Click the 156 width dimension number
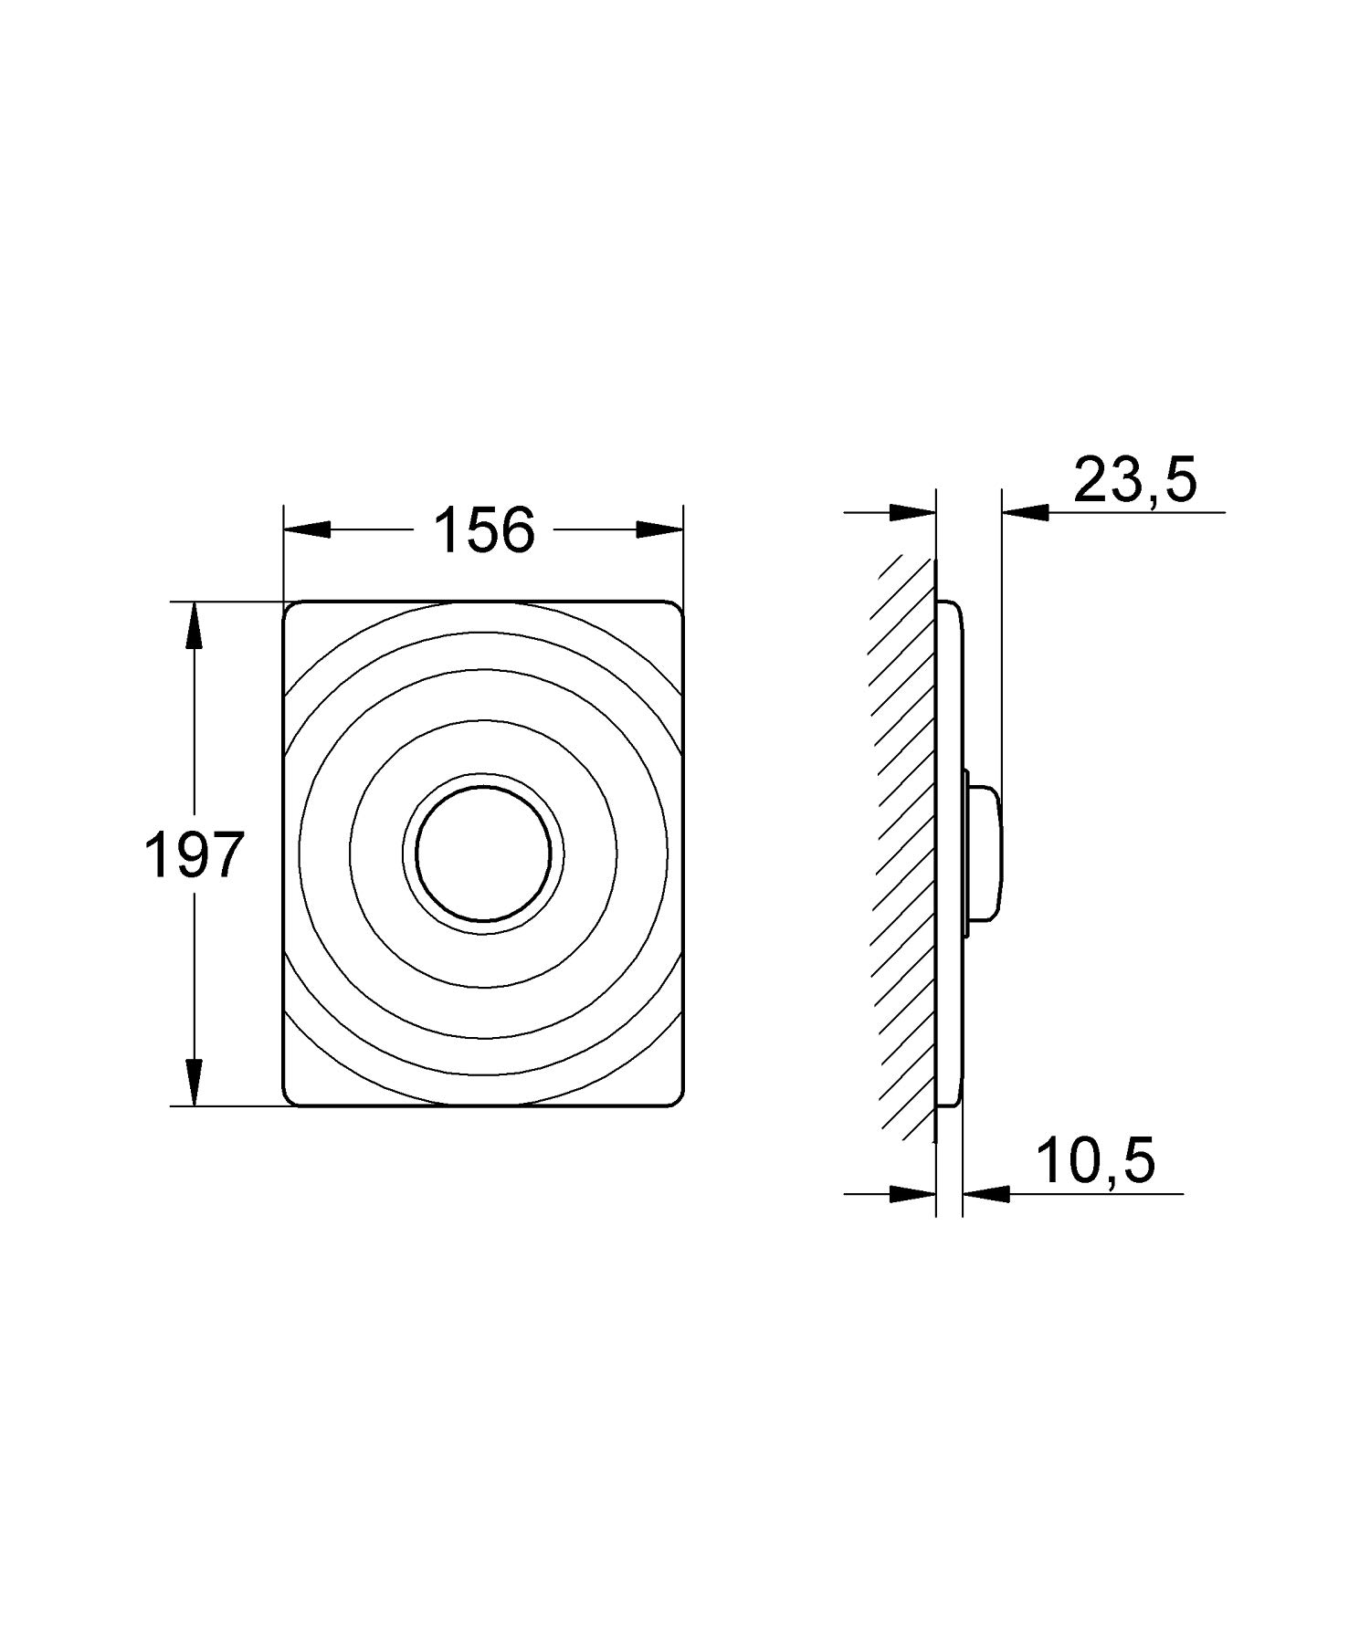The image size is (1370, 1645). (483, 530)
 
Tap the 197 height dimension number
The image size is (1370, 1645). (195, 855)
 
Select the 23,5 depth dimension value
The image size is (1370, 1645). (1134, 480)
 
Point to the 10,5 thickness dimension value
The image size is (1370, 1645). (1095, 1161)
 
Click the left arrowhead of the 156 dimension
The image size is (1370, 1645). (307, 530)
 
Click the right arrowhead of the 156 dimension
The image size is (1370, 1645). (659, 530)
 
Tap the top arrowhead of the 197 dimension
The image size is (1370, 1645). (194, 624)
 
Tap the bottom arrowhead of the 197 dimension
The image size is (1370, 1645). (194, 1083)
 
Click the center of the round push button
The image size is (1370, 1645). (483, 853)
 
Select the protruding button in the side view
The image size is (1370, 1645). (985, 853)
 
